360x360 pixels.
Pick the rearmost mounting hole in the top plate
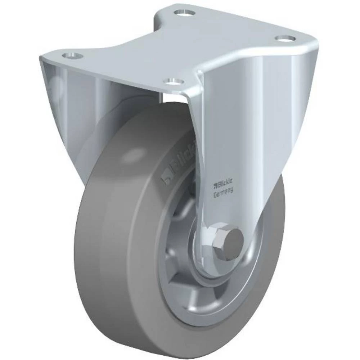(184, 13)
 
